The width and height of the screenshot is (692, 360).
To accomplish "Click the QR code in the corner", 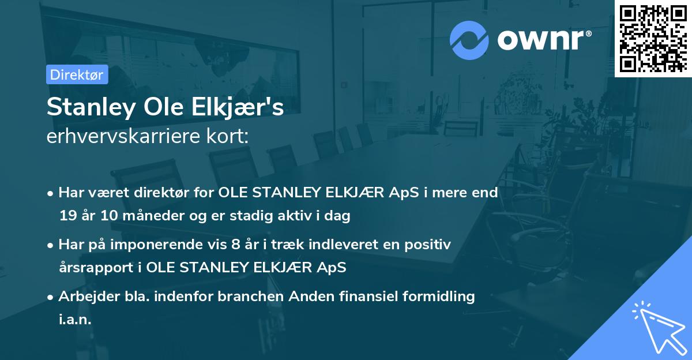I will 653,38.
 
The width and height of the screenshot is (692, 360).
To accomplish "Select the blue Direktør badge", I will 77,74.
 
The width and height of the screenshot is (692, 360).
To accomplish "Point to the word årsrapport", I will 95,268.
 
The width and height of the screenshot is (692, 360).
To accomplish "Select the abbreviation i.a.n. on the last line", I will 75,320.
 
